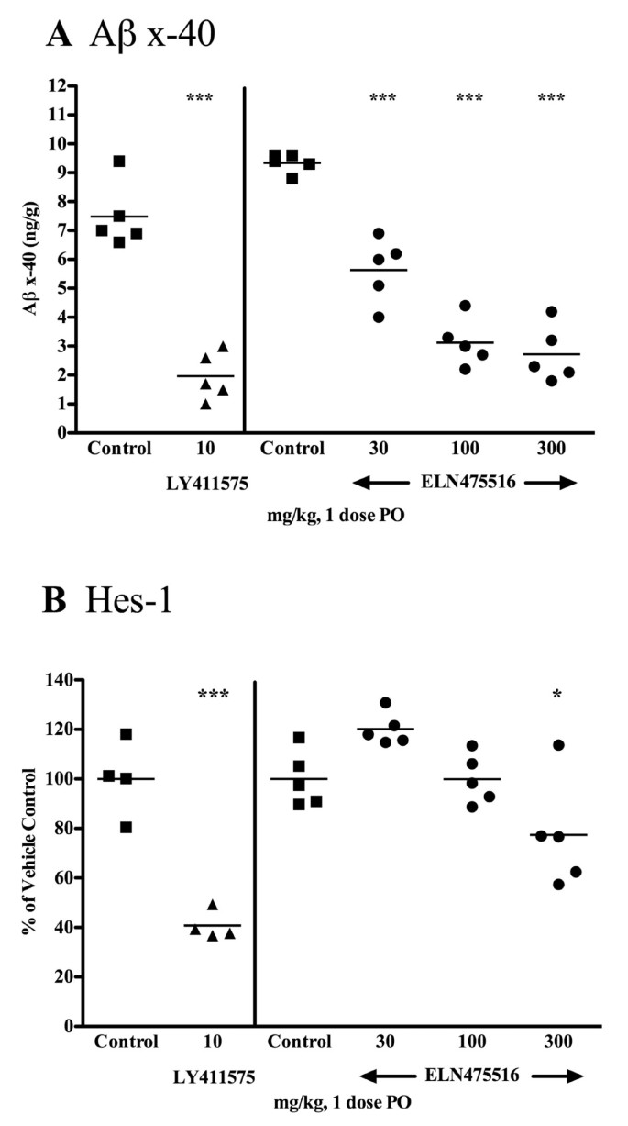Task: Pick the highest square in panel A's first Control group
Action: point(119,162)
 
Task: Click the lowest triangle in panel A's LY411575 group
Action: point(205,404)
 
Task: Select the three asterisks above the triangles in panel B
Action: point(212,695)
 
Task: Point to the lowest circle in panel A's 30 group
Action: point(378,317)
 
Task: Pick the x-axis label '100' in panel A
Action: point(466,450)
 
